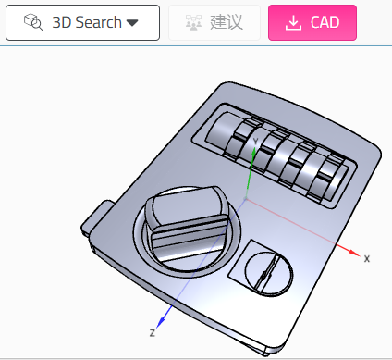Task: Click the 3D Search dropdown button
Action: click(82, 22)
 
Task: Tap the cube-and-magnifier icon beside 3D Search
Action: click(33, 22)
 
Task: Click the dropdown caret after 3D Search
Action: click(132, 23)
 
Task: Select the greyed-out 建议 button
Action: click(214, 22)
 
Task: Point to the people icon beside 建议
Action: click(193, 22)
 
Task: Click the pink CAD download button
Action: click(312, 22)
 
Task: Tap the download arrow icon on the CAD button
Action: click(293, 23)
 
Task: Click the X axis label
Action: click(367, 258)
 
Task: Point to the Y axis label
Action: click(255, 142)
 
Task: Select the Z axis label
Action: click(153, 333)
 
